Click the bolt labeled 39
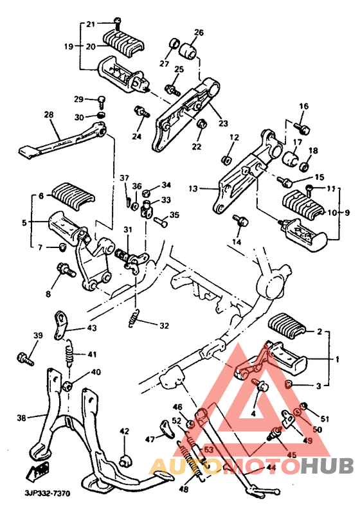tap(24, 357)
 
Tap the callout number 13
tap(193, 189)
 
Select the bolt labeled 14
tap(240, 221)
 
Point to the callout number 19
tap(68, 46)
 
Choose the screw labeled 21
tap(116, 22)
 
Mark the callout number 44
tap(271, 468)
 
